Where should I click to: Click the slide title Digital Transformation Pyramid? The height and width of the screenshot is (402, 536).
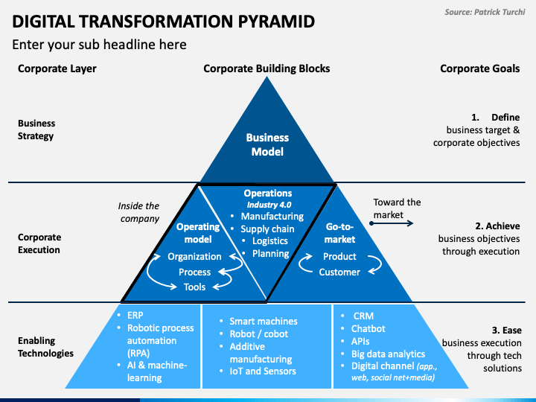click(x=163, y=22)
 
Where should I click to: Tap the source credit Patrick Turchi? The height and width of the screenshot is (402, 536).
click(x=485, y=13)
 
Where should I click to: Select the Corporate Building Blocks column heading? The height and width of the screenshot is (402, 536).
click(x=267, y=68)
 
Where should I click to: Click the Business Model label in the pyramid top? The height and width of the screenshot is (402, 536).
click(x=267, y=144)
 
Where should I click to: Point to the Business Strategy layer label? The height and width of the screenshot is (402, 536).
click(x=36, y=130)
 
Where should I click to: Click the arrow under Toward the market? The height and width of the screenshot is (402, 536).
click(x=392, y=223)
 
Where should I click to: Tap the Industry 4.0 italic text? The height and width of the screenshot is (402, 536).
click(x=269, y=205)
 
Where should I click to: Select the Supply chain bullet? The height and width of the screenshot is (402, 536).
click(x=267, y=229)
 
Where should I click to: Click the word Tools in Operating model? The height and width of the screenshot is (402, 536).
click(x=194, y=287)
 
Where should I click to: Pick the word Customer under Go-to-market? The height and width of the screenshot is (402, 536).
click(x=339, y=272)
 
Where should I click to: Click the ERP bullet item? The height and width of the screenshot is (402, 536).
click(x=135, y=315)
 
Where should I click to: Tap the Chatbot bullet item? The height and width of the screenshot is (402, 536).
click(x=368, y=328)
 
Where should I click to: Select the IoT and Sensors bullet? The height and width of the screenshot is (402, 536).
click(x=263, y=371)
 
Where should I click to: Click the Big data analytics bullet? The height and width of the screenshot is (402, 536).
click(x=388, y=354)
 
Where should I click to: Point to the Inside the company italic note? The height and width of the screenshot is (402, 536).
click(x=138, y=212)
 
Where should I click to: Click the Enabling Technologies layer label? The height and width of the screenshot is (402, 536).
click(x=45, y=347)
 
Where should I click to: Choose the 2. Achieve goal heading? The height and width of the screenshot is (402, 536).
click(x=497, y=226)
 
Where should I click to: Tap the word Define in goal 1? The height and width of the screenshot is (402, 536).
click(x=505, y=118)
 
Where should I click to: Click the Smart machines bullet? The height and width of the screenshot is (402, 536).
click(x=264, y=322)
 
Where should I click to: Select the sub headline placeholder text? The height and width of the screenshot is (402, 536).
click(x=99, y=45)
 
